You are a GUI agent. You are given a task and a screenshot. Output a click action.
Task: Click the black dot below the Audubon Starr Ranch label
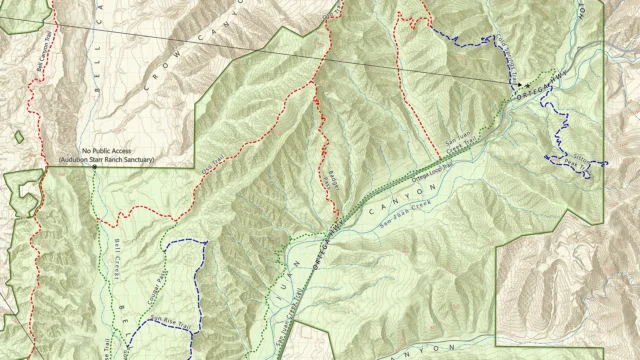[95, 167]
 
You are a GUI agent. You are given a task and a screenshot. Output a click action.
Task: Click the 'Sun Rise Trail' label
[170, 322]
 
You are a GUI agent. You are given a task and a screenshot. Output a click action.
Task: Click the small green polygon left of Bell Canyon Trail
[18, 137]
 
